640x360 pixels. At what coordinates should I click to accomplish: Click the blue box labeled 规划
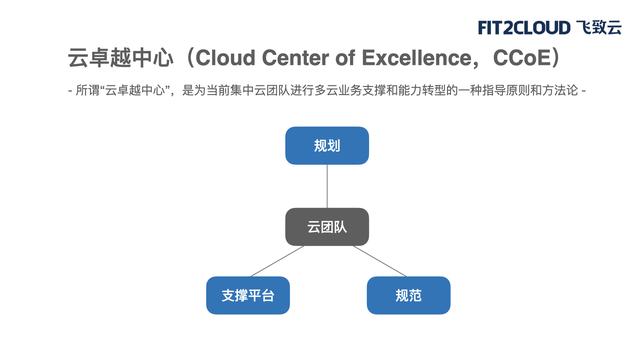point(327,146)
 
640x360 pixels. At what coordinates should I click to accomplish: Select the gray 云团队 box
point(327,227)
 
